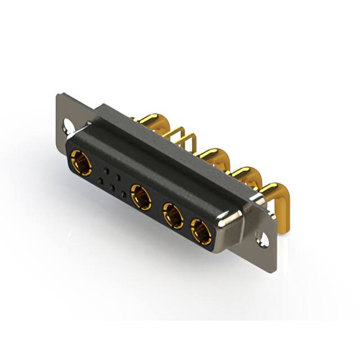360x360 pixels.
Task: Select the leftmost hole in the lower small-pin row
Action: [101, 181]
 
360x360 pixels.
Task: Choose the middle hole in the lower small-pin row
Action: [112, 187]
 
